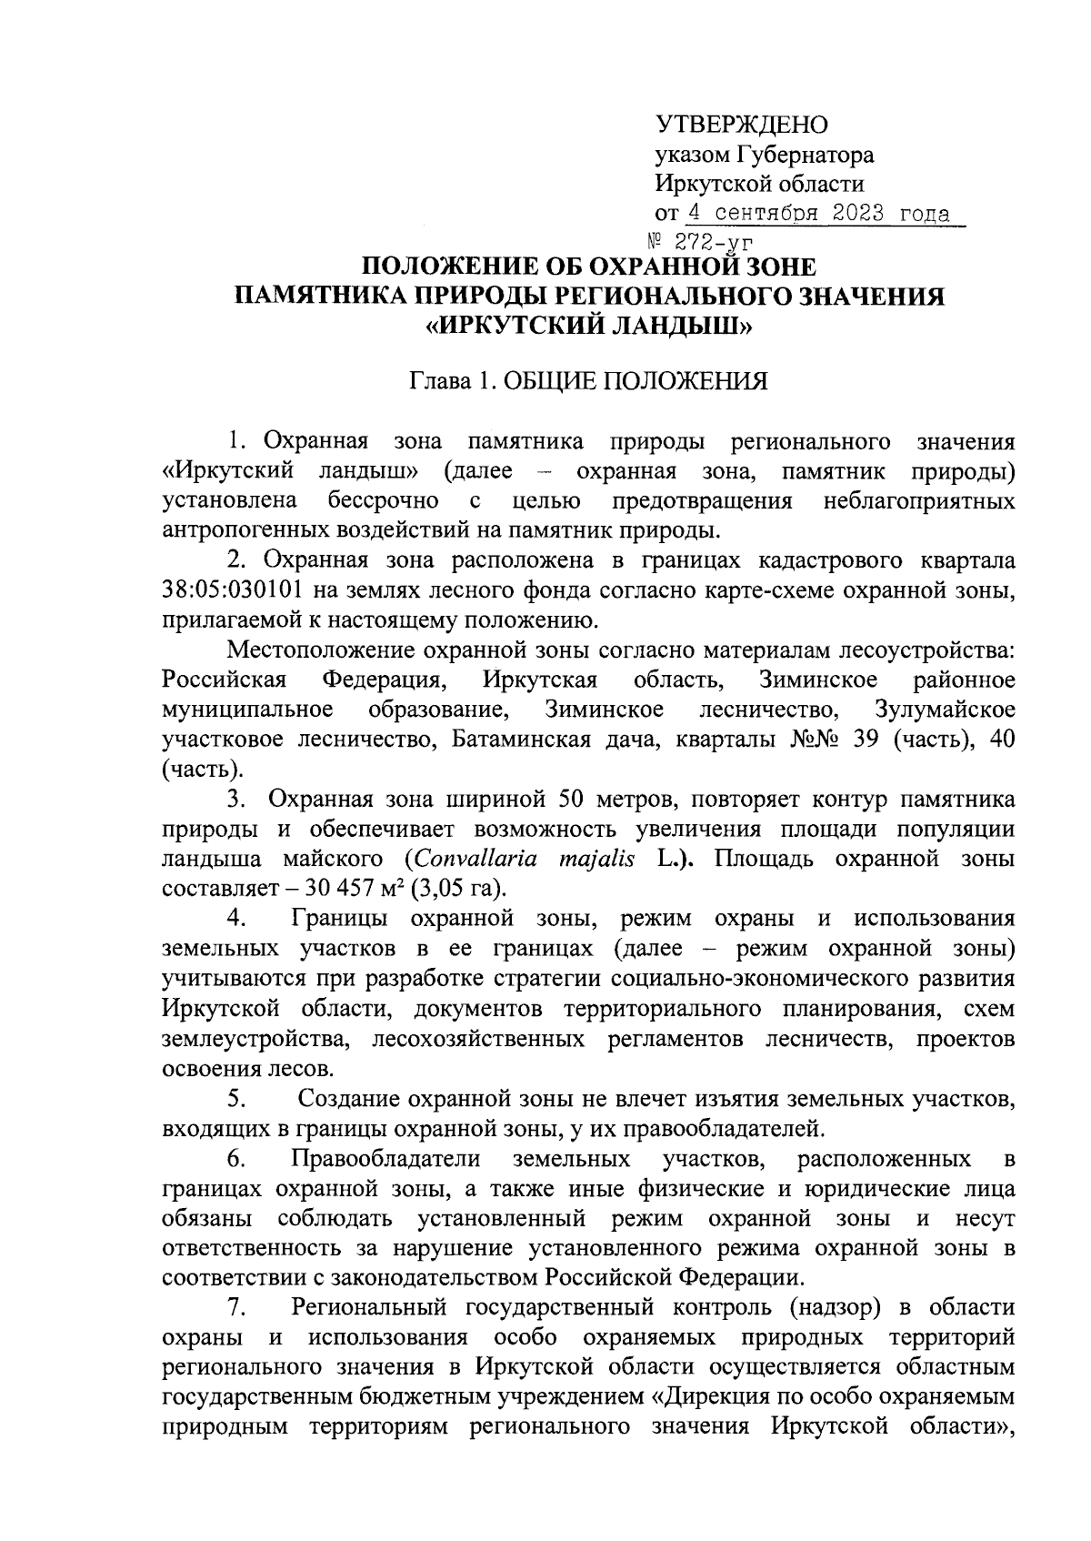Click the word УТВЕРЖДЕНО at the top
[x=742, y=125]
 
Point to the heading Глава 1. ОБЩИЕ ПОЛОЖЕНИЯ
[x=588, y=380]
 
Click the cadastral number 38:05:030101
[x=233, y=590]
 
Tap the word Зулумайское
[x=944, y=710]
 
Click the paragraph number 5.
[x=237, y=1099]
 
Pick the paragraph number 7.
[x=237, y=1308]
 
